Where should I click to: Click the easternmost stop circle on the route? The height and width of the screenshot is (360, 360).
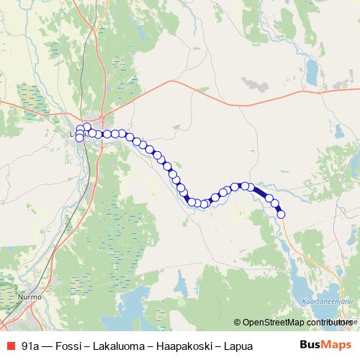[281, 213]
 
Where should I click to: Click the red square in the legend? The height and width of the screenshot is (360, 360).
[10, 346]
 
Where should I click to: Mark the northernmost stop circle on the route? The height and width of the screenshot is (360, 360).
[87, 127]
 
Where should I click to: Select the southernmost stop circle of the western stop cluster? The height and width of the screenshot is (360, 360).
[80, 138]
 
